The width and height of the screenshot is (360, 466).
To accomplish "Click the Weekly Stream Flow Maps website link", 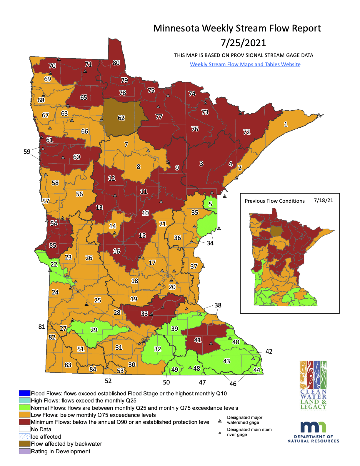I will point(245,64).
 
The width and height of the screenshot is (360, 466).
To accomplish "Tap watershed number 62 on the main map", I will point(121,118).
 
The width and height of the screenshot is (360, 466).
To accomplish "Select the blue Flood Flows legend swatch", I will point(24,393).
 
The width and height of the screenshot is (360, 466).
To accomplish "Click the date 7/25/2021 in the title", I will point(243,43).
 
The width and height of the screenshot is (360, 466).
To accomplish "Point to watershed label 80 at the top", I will point(116,63).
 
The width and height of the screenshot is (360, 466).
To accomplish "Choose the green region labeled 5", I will point(210,204).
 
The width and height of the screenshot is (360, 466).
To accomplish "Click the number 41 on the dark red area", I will point(198,340).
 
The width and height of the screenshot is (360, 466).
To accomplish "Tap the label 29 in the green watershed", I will point(94,330).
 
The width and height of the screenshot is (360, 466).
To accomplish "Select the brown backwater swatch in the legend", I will point(24,444).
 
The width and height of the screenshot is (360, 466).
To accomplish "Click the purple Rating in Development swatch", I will point(24,451).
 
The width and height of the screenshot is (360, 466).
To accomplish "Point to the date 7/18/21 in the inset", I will point(323,200).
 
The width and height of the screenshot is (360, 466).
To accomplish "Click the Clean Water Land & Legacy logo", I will point(313,385).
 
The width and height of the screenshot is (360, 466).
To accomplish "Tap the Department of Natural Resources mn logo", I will point(313,431).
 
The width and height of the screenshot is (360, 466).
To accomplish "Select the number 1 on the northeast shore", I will point(286,124).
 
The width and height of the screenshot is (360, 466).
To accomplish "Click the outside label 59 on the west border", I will point(27,152).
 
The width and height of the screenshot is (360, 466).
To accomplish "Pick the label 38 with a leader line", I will point(218,305).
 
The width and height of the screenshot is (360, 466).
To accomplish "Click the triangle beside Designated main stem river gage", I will point(220,433).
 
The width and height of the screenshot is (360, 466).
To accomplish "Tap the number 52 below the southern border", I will point(108,381).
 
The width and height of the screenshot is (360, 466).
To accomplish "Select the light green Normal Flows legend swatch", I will point(24,407).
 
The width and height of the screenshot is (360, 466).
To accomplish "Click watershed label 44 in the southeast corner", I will point(257,370).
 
